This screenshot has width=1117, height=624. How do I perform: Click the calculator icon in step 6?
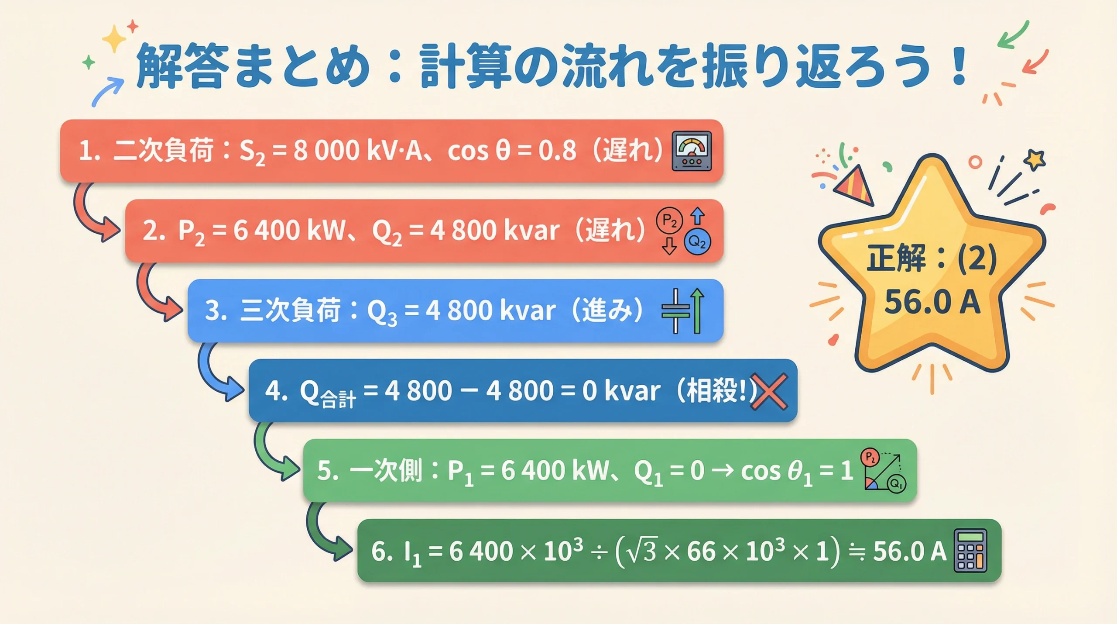970,551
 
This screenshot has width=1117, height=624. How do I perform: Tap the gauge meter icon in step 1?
692,151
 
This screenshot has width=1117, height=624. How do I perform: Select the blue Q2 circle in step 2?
697,241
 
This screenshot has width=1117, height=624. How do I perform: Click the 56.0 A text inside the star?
932,302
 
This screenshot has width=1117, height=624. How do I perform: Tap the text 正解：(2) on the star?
932,258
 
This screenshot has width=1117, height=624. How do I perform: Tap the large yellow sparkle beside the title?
114,38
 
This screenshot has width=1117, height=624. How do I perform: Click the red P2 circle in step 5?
870,458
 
